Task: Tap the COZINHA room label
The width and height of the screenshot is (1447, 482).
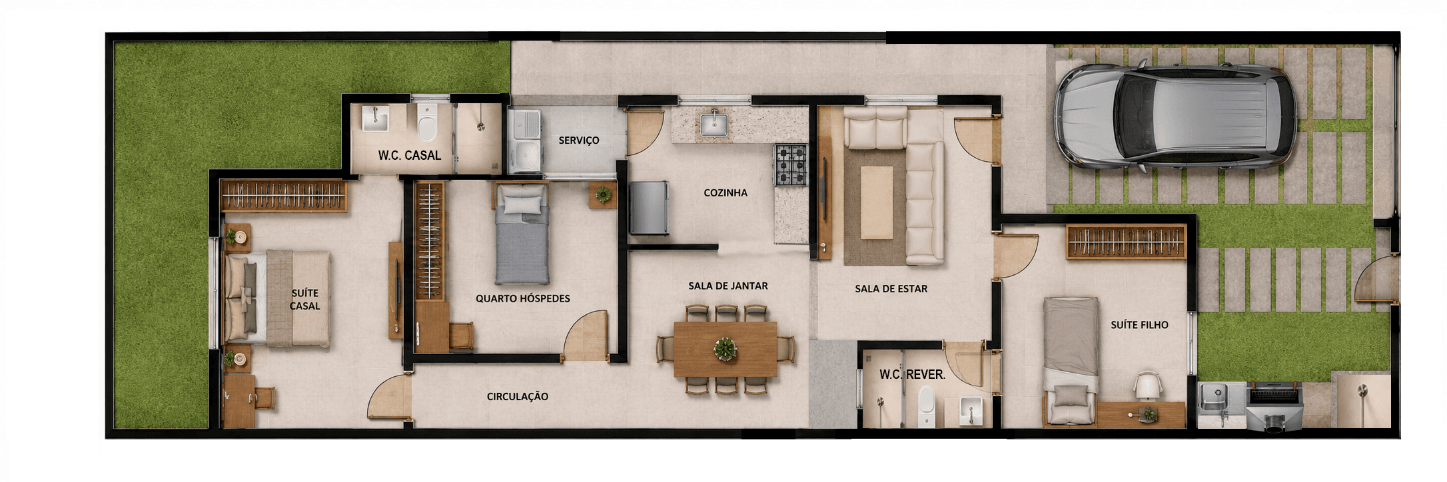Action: pyautogui.click(x=725, y=193)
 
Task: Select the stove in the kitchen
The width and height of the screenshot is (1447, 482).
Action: pyautogui.click(x=790, y=164)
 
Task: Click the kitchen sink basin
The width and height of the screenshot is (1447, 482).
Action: pyautogui.click(x=714, y=124)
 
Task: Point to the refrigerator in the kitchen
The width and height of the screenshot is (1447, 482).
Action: pyautogui.click(x=649, y=208)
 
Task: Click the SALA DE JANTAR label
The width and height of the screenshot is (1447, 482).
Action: pyautogui.click(x=728, y=286)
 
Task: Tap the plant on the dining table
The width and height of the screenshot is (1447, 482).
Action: pyautogui.click(x=725, y=349)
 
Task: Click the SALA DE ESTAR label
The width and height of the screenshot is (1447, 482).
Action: pyautogui.click(x=891, y=289)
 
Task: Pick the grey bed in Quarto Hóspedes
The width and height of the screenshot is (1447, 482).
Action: pyautogui.click(x=522, y=234)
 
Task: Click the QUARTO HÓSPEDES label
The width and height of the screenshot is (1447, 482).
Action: pyautogui.click(x=523, y=299)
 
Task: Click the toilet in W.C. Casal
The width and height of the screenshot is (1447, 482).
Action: pyautogui.click(x=427, y=122)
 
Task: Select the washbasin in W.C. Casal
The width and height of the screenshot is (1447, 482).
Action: pyautogui.click(x=375, y=119)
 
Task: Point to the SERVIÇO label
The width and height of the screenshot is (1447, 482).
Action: pyautogui.click(x=579, y=140)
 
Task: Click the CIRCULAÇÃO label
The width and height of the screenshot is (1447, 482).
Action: pyautogui.click(x=518, y=397)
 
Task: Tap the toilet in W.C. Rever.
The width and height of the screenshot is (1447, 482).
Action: pyautogui.click(x=927, y=406)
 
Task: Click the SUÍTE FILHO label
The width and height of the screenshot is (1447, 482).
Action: pyautogui.click(x=1139, y=325)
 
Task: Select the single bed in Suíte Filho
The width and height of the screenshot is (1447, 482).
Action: pyautogui.click(x=1070, y=360)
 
